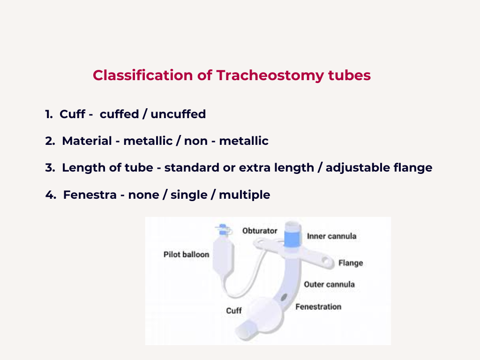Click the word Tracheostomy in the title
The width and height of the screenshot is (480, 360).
coord(270,75)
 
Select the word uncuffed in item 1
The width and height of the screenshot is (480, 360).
coord(178,114)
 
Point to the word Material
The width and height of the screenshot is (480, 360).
coord(87,141)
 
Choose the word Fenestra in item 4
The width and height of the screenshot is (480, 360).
coord(90,195)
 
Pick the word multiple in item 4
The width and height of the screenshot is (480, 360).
coord(245,195)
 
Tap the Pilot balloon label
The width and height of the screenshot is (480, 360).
coord(186,255)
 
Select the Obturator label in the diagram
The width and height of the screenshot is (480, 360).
coord(260,231)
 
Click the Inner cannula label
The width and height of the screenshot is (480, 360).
coord(331,236)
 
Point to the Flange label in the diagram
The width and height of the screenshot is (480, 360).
coord(351,263)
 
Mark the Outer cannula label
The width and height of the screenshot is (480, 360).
coord(329,285)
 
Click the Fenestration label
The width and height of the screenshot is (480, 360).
coord(318,307)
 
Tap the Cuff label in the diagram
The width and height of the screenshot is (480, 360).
coord(234,311)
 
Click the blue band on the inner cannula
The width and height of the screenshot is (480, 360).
coord(292,238)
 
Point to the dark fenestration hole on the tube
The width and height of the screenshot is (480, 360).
coord(284,297)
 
